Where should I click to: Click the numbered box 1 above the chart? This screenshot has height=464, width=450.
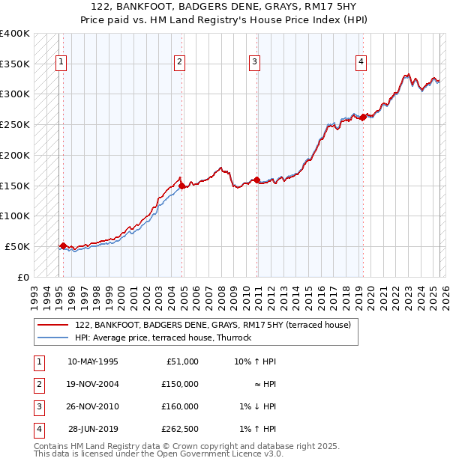[61, 62]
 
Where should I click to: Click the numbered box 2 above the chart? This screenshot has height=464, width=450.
[180, 62]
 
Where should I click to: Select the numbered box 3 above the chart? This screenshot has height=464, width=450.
[255, 62]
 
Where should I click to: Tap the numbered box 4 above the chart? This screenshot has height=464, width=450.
[361, 62]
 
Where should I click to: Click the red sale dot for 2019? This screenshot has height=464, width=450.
[362, 117]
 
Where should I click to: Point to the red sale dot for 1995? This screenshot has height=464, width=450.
[63, 245]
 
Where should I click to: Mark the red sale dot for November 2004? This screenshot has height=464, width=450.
[181, 186]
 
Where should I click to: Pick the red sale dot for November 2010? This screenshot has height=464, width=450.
[256, 180]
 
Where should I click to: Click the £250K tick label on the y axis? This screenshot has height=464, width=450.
[16, 124]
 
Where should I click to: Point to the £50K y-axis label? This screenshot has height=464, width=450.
[18, 246]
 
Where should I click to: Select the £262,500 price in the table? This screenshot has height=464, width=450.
[180, 429]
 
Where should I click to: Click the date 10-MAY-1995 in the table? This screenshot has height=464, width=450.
[93, 361]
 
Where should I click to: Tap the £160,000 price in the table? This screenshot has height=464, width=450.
[180, 406]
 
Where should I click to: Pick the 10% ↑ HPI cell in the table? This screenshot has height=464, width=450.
[255, 361]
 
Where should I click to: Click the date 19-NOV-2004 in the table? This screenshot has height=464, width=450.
[93, 384]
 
